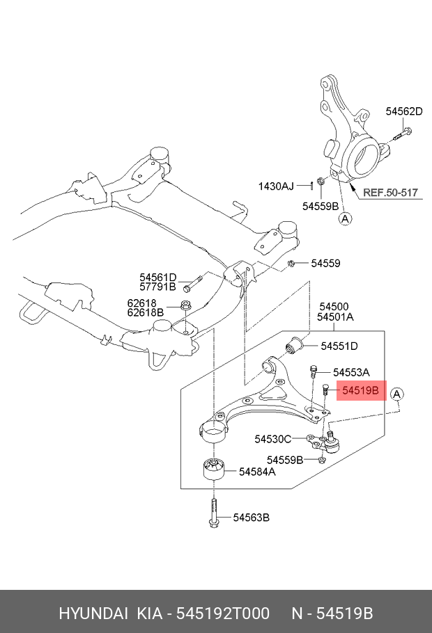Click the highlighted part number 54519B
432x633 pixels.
click(360, 390)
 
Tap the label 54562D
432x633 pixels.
click(404, 111)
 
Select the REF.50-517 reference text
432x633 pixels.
click(390, 192)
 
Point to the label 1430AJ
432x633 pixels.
click(276, 186)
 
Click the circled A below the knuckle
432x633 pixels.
click(345, 219)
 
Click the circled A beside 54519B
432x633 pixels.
click(396, 394)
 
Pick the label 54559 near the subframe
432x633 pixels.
click(325, 263)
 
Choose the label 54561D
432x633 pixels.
click(158, 278)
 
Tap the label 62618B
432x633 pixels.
click(146, 312)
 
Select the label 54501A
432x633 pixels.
click(335, 317)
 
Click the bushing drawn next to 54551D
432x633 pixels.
click(295, 345)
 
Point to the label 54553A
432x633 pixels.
click(351, 372)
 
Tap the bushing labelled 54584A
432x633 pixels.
click(213, 469)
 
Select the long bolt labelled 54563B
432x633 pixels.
click(214, 513)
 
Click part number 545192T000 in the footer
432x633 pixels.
click(223, 614)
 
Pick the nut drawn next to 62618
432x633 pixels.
click(185, 305)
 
